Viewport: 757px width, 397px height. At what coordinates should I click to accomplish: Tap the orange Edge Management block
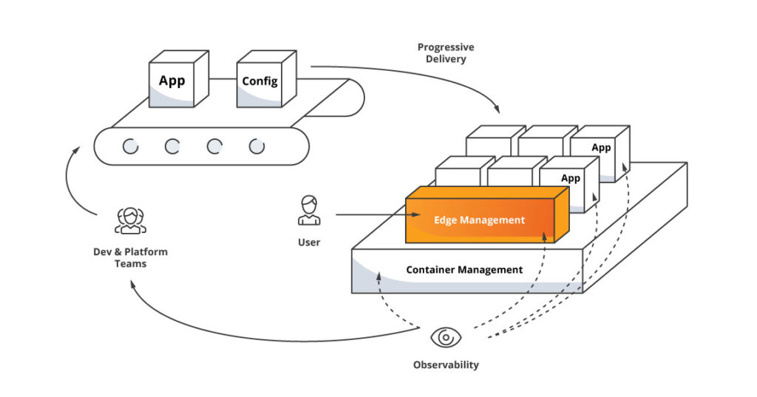480,220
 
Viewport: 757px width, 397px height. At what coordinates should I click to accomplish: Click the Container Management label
464,270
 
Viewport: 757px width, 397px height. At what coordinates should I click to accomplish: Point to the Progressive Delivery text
445,52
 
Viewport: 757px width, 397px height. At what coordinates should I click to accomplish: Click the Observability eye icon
445,338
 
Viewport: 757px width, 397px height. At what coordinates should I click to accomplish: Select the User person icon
309,211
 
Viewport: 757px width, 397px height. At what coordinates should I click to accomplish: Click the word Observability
445,364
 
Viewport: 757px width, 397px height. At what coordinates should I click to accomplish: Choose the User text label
309,242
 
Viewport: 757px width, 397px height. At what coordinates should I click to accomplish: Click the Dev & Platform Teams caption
130,257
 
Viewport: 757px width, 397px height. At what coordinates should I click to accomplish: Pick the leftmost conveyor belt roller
130,146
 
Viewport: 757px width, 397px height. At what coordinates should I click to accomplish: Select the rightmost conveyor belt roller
256,146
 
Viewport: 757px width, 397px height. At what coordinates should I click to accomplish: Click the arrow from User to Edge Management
370,215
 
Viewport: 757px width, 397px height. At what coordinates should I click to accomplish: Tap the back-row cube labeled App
600,148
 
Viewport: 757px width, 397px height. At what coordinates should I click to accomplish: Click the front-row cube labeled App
570,178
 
